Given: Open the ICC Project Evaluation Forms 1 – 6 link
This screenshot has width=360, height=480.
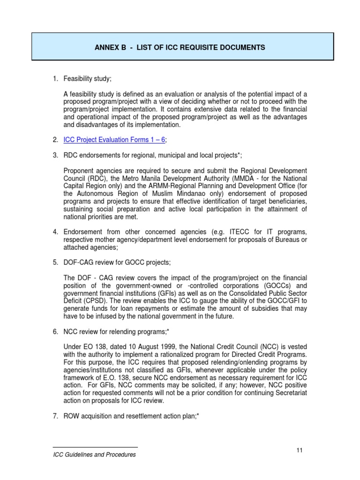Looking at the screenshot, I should [x=115, y=140].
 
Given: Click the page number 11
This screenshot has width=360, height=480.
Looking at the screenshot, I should [x=300, y=450].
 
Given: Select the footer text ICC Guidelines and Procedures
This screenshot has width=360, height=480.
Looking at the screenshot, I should [x=94, y=455].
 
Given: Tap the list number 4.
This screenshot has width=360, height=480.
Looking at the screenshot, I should [x=55, y=231].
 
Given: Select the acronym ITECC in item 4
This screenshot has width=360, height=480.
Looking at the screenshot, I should [x=232, y=231].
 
